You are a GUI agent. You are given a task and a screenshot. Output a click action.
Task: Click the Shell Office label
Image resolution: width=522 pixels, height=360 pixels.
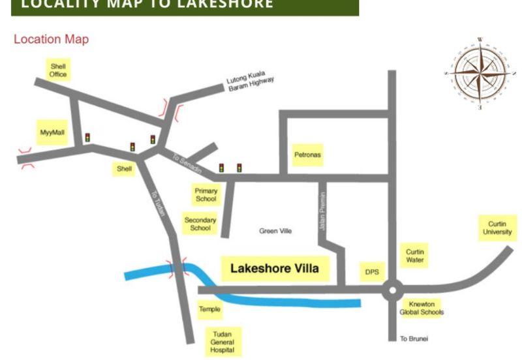pos(58,69)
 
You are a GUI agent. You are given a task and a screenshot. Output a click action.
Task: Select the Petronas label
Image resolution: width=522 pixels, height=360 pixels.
pos(308,155)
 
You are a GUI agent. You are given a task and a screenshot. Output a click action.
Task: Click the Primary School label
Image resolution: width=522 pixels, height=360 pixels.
pos(206,194)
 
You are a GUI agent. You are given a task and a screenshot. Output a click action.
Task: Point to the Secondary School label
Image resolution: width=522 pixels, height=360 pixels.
pos(200,224)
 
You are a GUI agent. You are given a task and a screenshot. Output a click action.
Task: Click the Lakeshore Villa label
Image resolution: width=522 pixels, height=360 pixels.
pos(275,268)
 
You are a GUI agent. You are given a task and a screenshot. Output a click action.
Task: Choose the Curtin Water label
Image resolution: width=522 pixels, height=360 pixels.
pos(415,256)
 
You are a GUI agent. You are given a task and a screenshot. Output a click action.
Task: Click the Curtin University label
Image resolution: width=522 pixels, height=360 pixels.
pos(498,228)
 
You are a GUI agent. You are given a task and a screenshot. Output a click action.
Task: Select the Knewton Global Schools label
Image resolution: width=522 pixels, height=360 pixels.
pos(422,308)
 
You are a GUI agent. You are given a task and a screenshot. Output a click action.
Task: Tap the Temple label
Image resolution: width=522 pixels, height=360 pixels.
pos(209,309)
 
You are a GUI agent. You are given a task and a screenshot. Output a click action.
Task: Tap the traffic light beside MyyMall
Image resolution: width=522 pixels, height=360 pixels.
pos(87,138)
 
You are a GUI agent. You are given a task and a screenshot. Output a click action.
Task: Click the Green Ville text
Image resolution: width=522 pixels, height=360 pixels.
pos(275,231)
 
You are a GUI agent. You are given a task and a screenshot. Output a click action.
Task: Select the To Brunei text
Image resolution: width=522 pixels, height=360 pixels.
pos(414,339)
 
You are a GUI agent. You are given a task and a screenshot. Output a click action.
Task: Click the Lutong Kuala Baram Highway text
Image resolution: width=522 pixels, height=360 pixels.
pos(251,83)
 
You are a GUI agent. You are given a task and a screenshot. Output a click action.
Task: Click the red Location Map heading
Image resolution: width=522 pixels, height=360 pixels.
pos(51,39)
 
